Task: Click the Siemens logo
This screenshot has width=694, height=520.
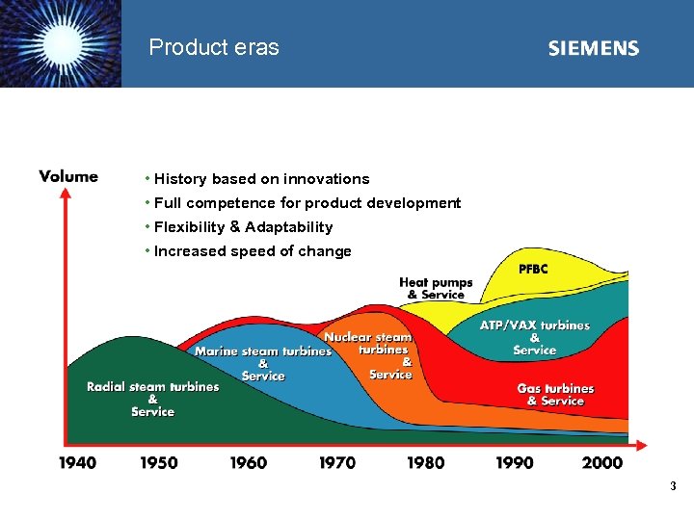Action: pyautogui.click(x=593, y=48)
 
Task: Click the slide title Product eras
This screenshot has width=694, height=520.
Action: pyautogui.click(x=214, y=47)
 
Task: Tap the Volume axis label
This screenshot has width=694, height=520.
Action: pyautogui.click(x=68, y=176)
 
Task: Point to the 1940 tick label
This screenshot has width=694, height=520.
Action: pyautogui.click(x=77, y=462)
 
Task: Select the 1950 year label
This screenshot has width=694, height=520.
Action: pyautogui.click(x=159, y=462)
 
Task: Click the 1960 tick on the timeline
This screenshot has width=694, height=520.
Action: pyautogui.click(x=248, y=462)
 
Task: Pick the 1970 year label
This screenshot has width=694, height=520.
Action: pyautogui.click(x=337, y=462)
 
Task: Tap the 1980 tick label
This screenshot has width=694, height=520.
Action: pyautogui.click(x=426, y=462)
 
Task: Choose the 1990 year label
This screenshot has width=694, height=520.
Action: pyautogui.click(x=515, y=462)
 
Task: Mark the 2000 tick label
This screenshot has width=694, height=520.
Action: pyautogui.click(x=602, y=462)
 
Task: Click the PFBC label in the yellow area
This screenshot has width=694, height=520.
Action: pyautogui.click(x=533, y=270)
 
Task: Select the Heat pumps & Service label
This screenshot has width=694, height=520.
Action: pyautogui.click(x=436, y=289)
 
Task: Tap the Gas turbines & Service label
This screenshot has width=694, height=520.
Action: pyautogui.click(x=555, y=394)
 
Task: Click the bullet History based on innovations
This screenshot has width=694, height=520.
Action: pyautogui.click(x=261, y=179)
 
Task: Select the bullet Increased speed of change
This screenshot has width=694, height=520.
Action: pyautogui.click(x=253, y=251)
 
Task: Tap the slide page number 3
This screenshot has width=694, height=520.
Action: pyautogui.click(x=674, y=486)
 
